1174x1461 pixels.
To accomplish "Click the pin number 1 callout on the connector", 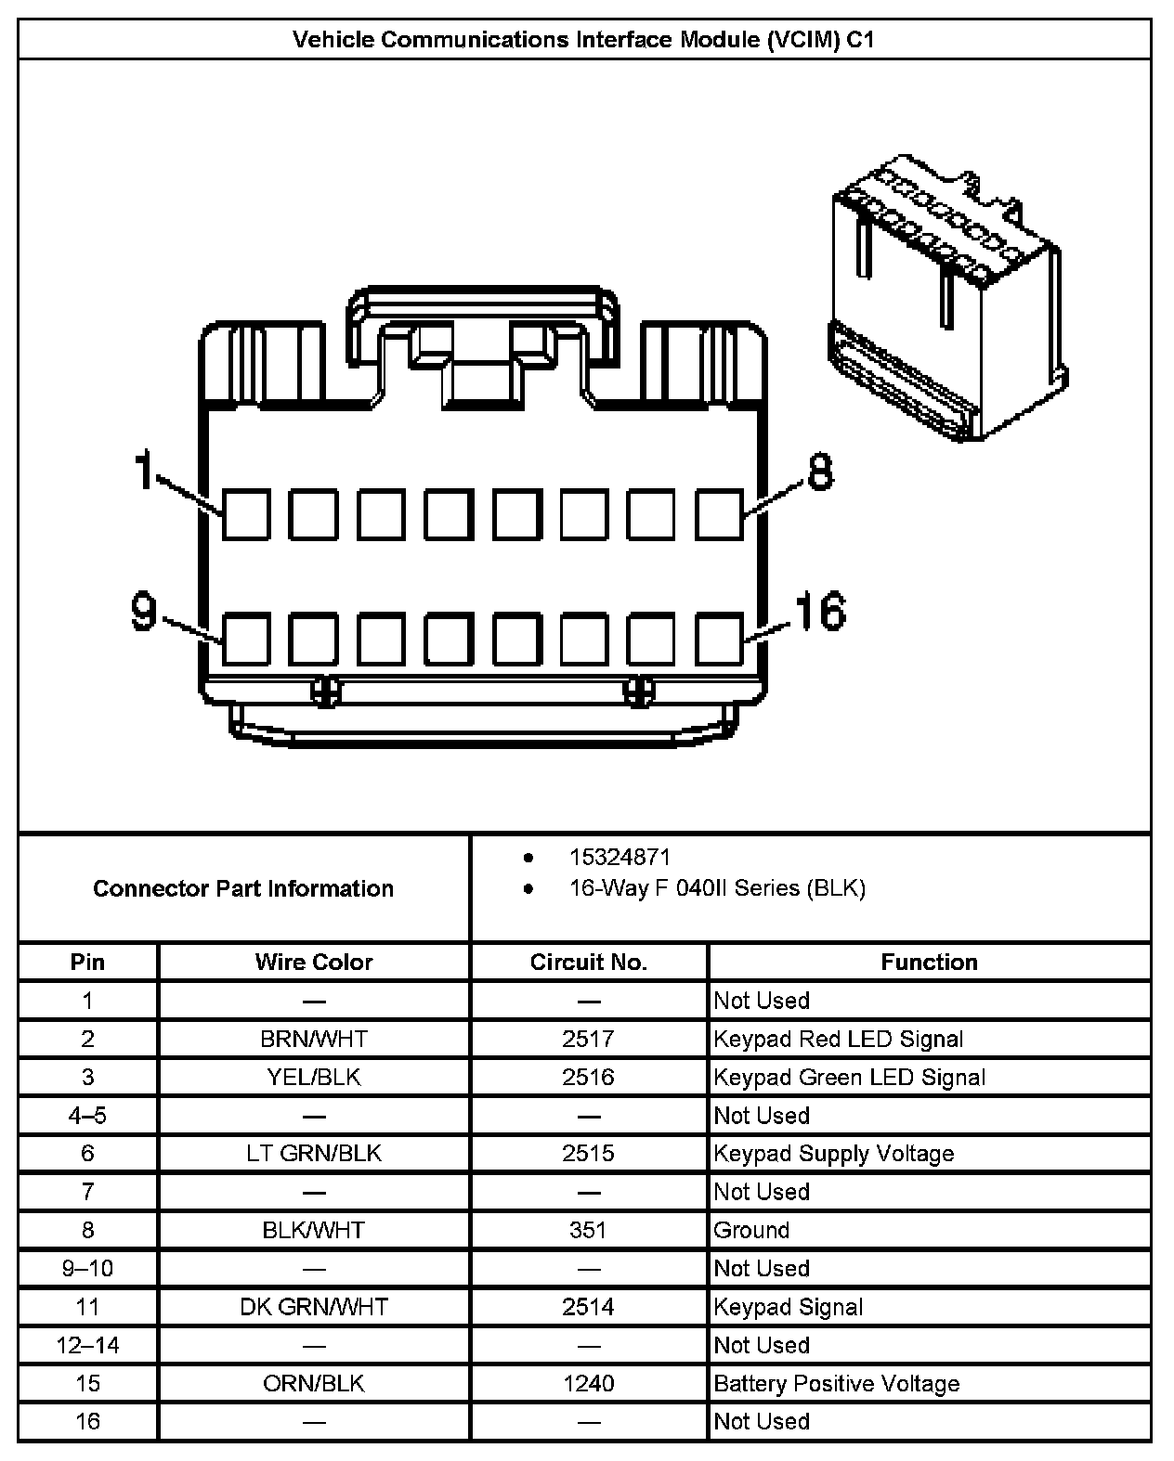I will pos(144,470).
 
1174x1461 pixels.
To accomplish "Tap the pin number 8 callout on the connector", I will pos(820,472).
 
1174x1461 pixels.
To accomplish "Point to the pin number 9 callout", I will pos(144,612).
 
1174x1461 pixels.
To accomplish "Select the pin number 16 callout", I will pos(819,612).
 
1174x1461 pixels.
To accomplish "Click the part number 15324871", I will pos(620,858).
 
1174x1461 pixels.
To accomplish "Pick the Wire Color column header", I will pos(314,963).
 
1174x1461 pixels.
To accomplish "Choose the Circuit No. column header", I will pos(588,963).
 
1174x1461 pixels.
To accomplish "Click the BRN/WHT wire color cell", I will pos(314,1039).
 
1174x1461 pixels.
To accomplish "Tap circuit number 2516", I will pos(588,1077).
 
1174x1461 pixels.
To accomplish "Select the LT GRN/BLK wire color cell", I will pos(314,1154).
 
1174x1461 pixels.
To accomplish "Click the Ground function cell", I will pos(751,1230).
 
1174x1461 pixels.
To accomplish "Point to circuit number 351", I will pos(588,1230).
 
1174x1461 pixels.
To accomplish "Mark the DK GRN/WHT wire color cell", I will pos(314,1307).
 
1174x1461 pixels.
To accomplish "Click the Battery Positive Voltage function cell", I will pos(836,1384).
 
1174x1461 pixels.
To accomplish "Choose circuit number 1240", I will pos(588,1384).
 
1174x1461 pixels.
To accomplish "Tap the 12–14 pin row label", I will pos(88,1345).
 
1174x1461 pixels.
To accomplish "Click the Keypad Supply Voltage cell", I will pos(833,1154).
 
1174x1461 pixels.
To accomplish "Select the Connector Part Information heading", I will pos(243,888).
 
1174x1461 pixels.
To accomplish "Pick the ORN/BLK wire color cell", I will pos(314,1384).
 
